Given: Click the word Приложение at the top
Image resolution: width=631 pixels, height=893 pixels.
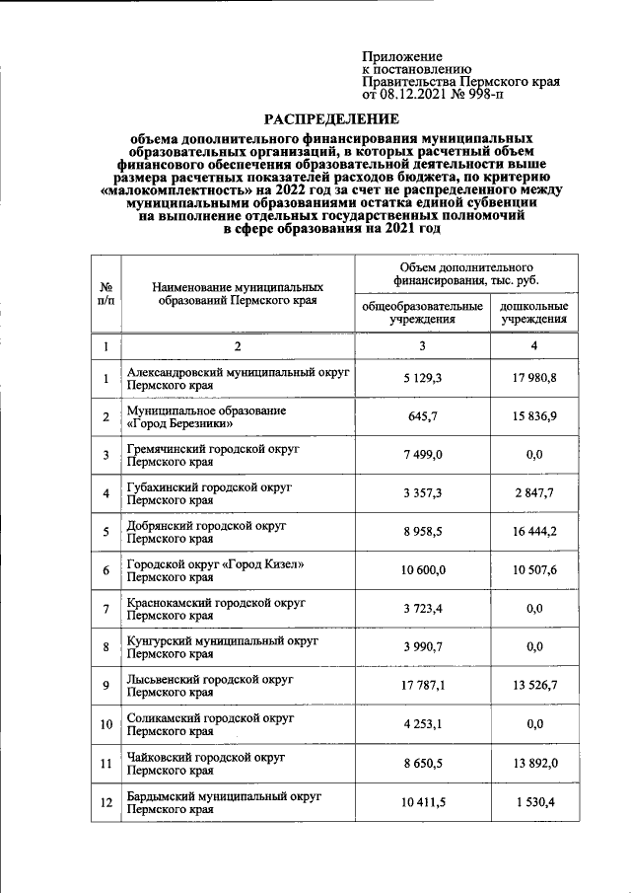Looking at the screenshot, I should pyautogui.click(x=402, y=57).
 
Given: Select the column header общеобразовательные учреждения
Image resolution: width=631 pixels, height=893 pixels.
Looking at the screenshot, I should pyautogui.click(x=422, y=313).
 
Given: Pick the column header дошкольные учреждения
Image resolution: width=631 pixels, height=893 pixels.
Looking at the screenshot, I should pyautogui.click(x=533, y=313).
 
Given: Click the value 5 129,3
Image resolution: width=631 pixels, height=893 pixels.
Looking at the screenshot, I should pyautogui.click(x=422, y=378).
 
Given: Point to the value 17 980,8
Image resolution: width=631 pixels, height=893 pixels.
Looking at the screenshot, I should pyautogui.click(x=533, y=378).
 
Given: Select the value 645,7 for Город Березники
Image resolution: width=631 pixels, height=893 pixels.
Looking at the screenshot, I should pyautogui.click(x=422, y=416).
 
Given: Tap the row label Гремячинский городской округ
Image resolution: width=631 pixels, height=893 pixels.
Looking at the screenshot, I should pyautogui.click(x=213, y=448).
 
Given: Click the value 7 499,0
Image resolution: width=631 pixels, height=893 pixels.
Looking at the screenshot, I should pyautogui.click(x=422, y=455).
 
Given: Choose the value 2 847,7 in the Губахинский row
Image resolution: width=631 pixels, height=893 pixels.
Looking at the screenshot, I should pyautogui.click(x=533, y=493).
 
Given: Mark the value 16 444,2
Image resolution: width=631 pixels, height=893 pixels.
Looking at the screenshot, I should pyautogui.click(x=533, y=532).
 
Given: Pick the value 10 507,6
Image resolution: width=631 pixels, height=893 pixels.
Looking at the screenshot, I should pyautogui.click(x=533, y=570).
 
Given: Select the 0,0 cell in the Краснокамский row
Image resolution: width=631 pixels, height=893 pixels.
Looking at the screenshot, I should pyautogui.click(x=534, y=609).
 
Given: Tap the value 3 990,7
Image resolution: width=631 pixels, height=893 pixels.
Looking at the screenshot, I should pyautogui.click(x=422, y=647).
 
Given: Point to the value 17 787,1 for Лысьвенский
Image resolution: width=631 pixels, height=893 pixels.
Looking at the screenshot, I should pyautogui.click(x=422, y=686).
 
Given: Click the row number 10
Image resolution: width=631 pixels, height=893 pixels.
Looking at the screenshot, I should pyautogui.click(x=105, y=724).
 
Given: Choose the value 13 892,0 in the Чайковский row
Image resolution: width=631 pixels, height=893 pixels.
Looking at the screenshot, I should pyautogui.click(x=533, y=764).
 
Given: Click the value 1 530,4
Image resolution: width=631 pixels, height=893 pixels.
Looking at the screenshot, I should pyautogui.click(x=533, y=802).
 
